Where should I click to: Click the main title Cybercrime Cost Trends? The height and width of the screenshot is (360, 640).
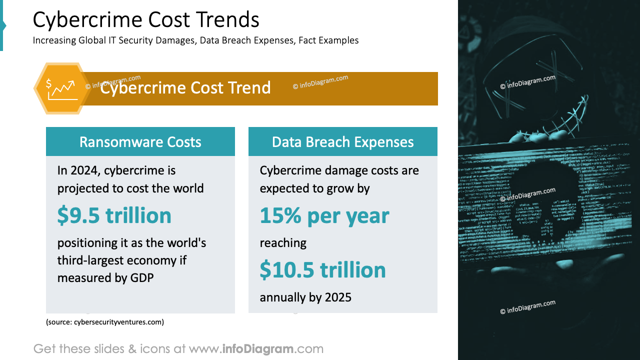(146, 20)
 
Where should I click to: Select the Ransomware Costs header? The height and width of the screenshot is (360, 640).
(140, 141)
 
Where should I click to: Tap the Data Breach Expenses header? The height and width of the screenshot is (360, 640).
(343, 141)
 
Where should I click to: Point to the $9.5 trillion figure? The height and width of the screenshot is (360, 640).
(114, 215)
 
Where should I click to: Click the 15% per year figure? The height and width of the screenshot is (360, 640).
(324, 215)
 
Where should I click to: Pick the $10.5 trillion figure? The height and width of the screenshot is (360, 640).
(323, 270)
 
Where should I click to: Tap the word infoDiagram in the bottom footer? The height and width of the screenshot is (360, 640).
(258, 348)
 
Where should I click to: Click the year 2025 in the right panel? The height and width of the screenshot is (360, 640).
(338, 297)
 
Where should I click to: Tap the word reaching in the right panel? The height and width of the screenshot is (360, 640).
(283, 243)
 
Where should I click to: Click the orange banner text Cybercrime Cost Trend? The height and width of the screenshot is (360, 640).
(185, 88)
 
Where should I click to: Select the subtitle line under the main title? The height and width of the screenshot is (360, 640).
(196, 40)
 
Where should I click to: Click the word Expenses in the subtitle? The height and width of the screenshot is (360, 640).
(274, 40)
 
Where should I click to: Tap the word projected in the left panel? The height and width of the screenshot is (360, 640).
(81, 188)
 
